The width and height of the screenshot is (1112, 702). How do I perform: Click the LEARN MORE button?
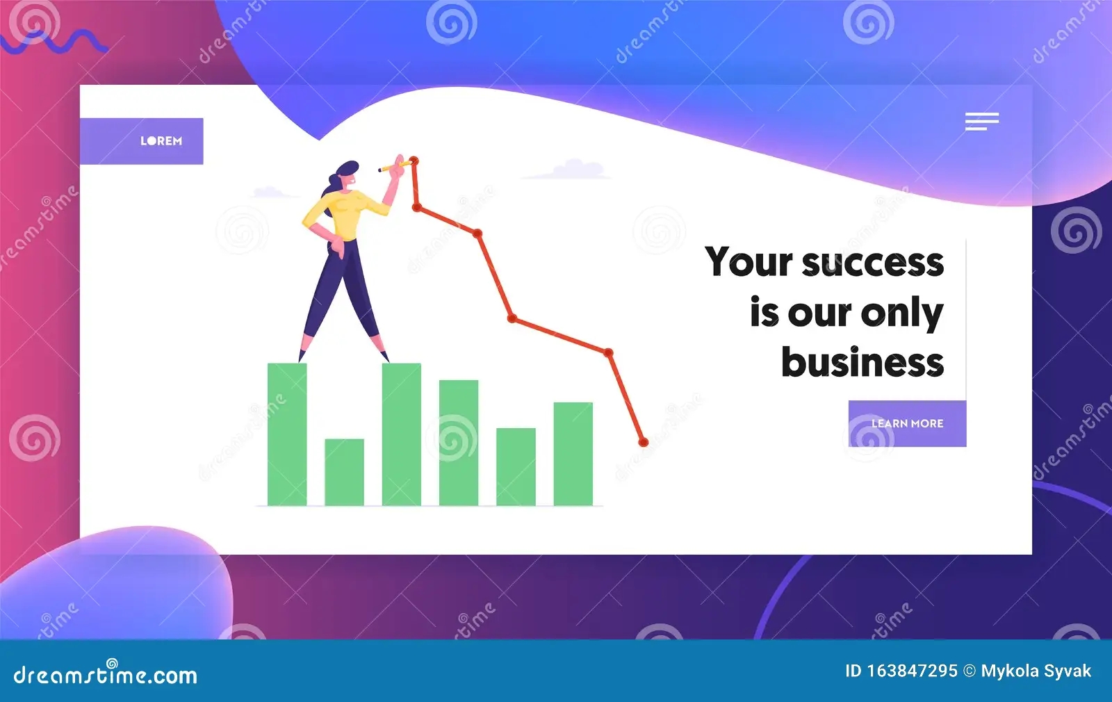907,423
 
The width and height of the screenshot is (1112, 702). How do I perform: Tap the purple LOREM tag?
142,141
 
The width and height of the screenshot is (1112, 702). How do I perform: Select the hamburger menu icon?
981,121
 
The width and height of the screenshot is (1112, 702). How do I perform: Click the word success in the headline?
873,262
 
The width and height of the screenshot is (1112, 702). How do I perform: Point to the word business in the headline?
862,361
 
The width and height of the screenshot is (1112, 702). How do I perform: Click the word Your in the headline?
749,261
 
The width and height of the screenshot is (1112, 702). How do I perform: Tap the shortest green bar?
344,472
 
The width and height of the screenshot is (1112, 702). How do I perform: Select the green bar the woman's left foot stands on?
287,434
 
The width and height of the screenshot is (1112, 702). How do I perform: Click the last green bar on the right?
573,454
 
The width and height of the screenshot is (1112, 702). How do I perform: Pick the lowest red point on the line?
644,442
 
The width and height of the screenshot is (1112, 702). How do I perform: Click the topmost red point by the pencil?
414,161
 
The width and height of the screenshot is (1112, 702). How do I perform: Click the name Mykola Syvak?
1036,671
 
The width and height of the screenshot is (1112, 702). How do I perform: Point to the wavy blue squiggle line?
54,42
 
